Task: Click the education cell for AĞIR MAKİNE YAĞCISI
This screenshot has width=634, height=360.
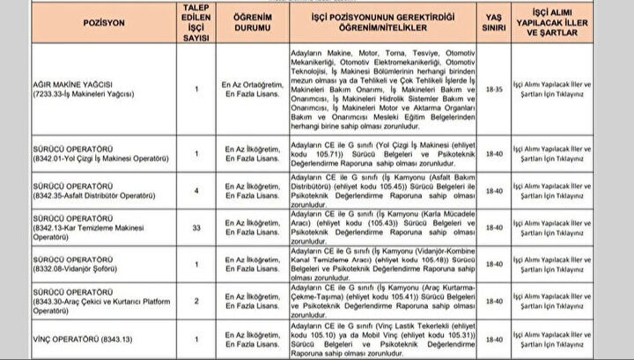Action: point(242,89)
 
